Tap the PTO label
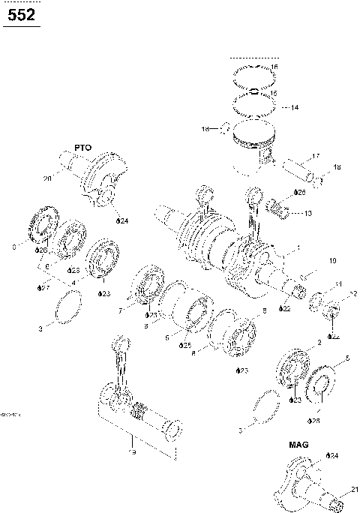pos(82,148)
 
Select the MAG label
pos(298,444)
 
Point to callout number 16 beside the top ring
pos(274,67)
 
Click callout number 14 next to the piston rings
pos(294,107)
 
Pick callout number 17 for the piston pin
pos(316,156)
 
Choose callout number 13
pos(308,213)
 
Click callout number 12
pos(352,293)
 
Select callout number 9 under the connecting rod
pos(132,454)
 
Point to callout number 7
pos(120,310)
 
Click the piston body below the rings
pos(251,154)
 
